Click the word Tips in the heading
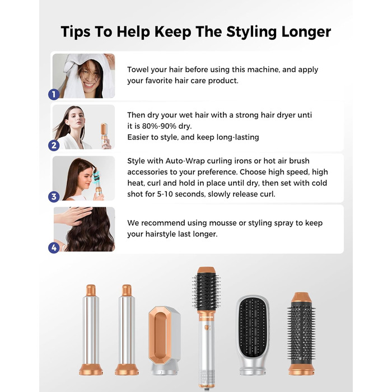tap(76, 32)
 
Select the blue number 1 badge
tap(54, 95)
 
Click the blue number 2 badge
tap(54, 146)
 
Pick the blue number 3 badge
tap(54, 197)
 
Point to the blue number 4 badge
tap(54, 248)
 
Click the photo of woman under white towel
tap(84, 76)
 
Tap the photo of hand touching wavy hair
tap(84, 229)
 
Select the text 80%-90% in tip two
tap(159, 126)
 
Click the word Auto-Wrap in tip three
tap(185, 161)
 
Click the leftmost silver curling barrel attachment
tap(91, 330)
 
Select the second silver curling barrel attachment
tap(127, 330)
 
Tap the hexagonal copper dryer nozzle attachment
tap(165, 340)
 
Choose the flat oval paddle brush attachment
tap(253, 335)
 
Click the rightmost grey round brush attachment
tap(301, 334)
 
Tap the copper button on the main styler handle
tap(207, 328)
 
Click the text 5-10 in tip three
tap(165, 194)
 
